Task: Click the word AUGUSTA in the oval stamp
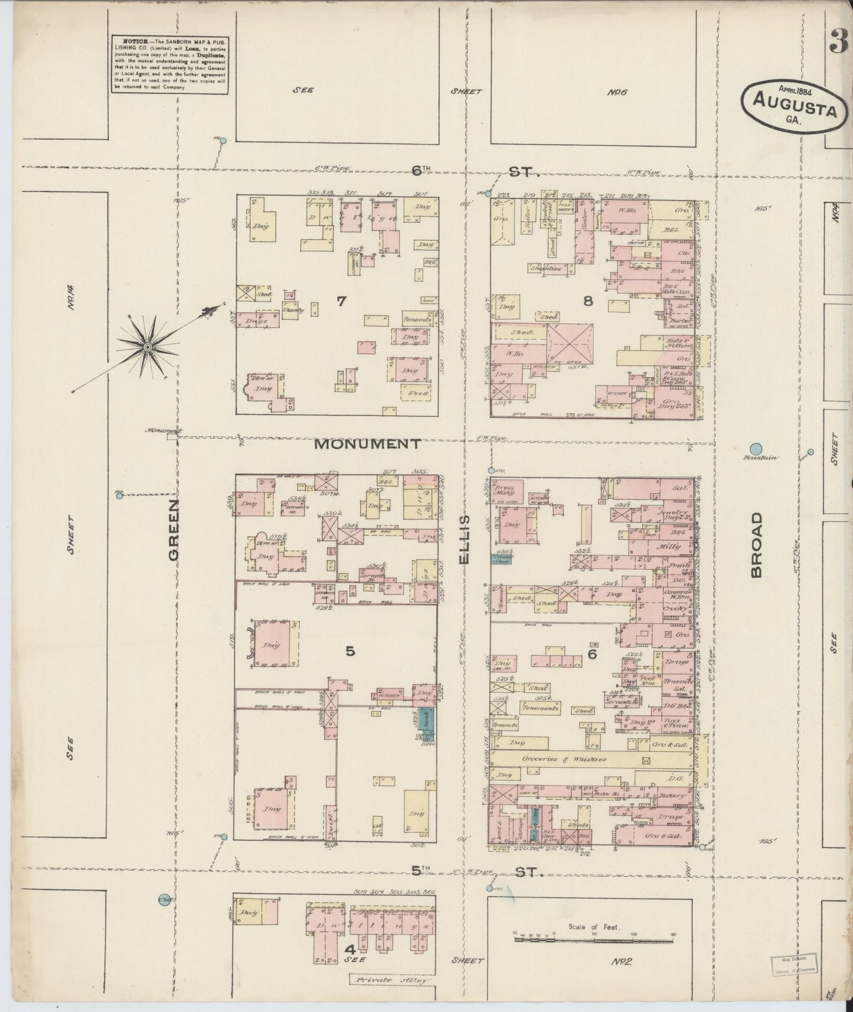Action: coord(795,110)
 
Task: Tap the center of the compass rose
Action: coord(147,347)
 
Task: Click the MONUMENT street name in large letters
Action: coord(367,444)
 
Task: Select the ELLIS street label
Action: coord(465,538)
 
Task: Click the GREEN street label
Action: coord(174,530)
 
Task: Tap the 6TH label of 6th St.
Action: coord(421,171)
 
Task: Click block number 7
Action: coord(341,301)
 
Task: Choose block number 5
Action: coord(350,651)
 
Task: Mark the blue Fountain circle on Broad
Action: coord(755,449)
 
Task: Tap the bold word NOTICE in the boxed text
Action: coord(132,43)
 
